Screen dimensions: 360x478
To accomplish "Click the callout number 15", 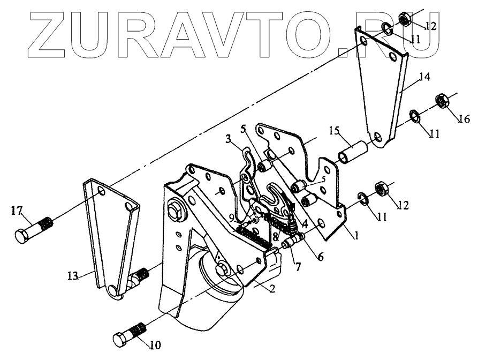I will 334,131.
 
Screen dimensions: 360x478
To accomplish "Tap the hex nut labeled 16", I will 442,100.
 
